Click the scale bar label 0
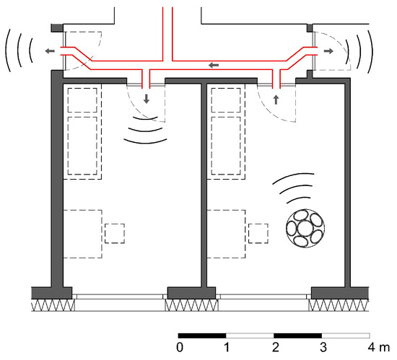coord(180,347)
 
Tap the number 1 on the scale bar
coord(227,347)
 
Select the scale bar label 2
coord(276,347)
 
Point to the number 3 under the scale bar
coord(323,347)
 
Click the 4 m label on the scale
coord(379,347)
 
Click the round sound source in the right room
coord(305,228)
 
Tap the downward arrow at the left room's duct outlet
coord(147,99)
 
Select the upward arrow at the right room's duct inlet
coord(276,100)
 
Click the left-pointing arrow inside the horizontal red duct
coord(214,65)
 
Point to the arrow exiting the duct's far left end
coord(50,51)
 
